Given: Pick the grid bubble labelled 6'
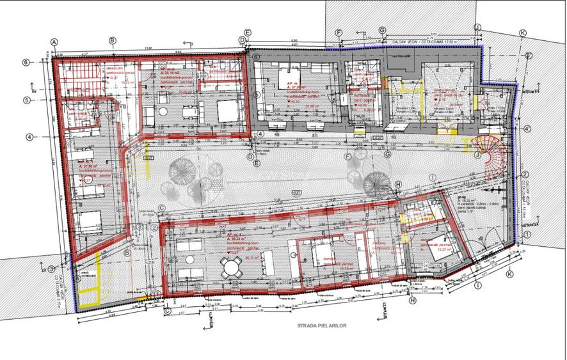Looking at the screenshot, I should [x=529, y=56].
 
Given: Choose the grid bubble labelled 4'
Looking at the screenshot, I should [x=526, y=129].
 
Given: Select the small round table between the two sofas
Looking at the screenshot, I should [x=190, y=260].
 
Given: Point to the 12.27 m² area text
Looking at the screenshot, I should [x=426, y=249].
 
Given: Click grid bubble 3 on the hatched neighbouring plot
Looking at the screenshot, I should [x=51, y=269].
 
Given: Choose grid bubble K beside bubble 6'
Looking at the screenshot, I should [x=523, y=33].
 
